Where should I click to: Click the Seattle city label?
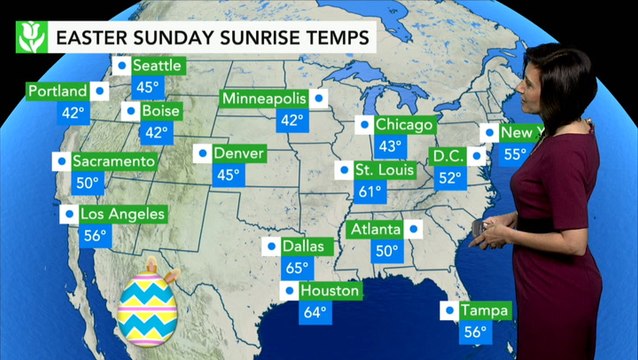(156, 66)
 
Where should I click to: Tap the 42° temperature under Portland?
(72, 113)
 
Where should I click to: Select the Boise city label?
(160, 111)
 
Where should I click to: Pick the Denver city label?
(239, 154)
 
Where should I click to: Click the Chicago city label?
(404, 125)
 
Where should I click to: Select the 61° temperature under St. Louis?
(371, 191)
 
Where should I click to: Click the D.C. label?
(446, 156)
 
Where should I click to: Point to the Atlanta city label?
(375, 230)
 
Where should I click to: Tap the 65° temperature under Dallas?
(297, 268)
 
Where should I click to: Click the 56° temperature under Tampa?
(475, 333)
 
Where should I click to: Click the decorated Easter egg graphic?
(147, 305)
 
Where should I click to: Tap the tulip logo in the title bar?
(30, 39)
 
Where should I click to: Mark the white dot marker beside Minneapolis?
(318, 99)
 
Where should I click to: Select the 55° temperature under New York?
(515, 154)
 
